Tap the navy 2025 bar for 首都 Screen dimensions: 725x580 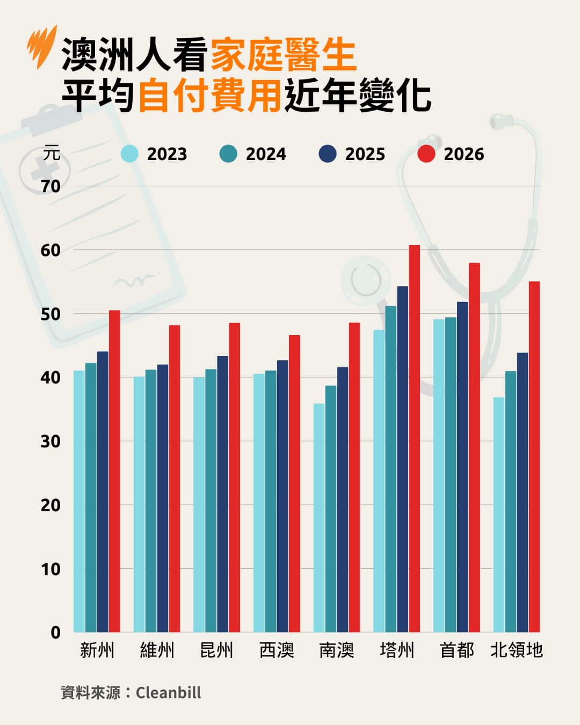462,467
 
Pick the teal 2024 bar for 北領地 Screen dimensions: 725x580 511,502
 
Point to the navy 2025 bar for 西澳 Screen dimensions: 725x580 282,496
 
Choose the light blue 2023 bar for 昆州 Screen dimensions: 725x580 199,505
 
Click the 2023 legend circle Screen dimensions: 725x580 129,154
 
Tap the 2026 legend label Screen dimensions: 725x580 463,154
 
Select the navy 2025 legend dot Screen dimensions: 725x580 327,154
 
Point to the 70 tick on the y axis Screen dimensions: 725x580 51,186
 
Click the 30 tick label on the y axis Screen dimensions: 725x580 51,441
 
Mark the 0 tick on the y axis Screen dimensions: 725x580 55,633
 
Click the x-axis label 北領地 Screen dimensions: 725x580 517,650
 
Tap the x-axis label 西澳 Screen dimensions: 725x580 277,650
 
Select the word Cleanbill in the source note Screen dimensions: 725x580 168,692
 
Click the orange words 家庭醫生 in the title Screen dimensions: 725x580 283,55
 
